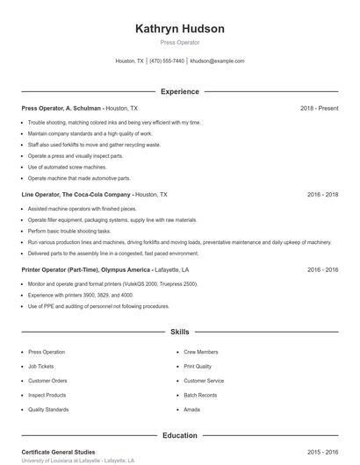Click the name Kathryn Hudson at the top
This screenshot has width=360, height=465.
pyautogui.click(x=179, y=29)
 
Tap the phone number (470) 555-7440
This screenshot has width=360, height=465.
pyautogui.click(x=167, y=61)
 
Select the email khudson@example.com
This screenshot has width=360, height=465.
pyautogui.click(x=217, y=61)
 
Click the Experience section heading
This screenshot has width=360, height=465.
pyautogui.click(x=179, y=91)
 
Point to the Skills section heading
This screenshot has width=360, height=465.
pyautogui.click(x=179, y=333)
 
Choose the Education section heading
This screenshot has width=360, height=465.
pyautogui.click(x=179, y=435)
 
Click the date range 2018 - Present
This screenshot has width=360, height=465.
pyautogui.click(x=319, y=108)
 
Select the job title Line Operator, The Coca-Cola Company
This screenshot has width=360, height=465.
pyautogui.click(x=76, y=194)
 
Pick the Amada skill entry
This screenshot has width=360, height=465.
pyautogui.click(x=192, y=410)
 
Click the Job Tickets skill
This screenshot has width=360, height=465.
pyautogui.click(x=41, y=367)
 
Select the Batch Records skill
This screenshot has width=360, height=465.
pyautogui.click(x=200, y=396)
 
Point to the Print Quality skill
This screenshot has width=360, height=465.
pyautogui.click(x=198, y=367)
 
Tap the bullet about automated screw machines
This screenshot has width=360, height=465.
pyautogui.click(x=67, y=167)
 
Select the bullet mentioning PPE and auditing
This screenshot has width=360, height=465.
pyautogui.click(x=98, y=306)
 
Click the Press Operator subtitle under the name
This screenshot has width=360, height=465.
pyautogui.click(x=179, y=42)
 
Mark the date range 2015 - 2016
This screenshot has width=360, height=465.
pyautogui.click(x=322, y=452)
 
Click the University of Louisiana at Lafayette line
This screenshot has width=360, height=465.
pyautogui.click(x=78, y=461)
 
